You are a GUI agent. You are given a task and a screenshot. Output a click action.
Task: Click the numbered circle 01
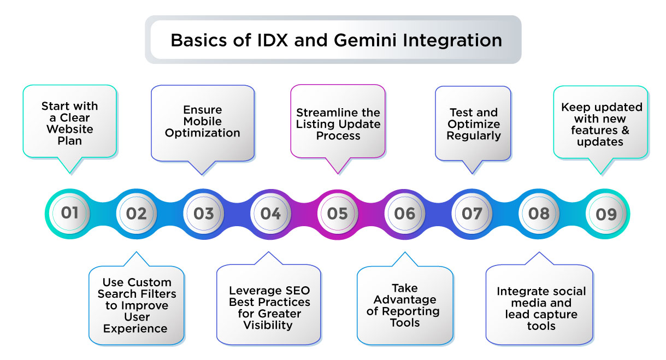coord(69,213)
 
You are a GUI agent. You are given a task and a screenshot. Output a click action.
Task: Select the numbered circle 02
coord(137,213)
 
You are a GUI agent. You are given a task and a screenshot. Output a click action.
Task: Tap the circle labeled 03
coord(203,213)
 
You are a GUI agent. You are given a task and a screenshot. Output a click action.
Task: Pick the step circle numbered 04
coord(270,213)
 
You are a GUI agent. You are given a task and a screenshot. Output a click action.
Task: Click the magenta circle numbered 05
coord(338,213)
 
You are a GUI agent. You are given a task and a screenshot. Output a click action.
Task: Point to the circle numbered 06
coord(405,213)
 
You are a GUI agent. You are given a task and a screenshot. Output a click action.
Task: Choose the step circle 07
coord(471,213)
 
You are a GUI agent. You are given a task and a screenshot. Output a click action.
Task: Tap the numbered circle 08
coord(539,213)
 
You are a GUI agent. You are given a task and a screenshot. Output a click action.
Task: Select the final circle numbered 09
coord(606,213)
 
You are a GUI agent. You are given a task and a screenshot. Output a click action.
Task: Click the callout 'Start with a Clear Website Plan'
coord(70,123)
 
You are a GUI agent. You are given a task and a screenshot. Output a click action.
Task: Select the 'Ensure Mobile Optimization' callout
coord(203,121)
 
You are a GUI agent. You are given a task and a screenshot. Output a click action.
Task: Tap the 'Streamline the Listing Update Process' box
coord(338,123)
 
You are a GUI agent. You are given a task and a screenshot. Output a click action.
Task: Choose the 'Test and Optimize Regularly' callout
coord(473,123)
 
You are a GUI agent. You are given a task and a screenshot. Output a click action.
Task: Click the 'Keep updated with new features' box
coord(601,125)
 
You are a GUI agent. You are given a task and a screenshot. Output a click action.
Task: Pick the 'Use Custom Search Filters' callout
coord(136,305)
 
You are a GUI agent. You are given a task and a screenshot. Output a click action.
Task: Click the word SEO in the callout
coord(297,290)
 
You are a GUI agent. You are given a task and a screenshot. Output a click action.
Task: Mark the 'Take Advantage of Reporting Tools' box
coord(405,305)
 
